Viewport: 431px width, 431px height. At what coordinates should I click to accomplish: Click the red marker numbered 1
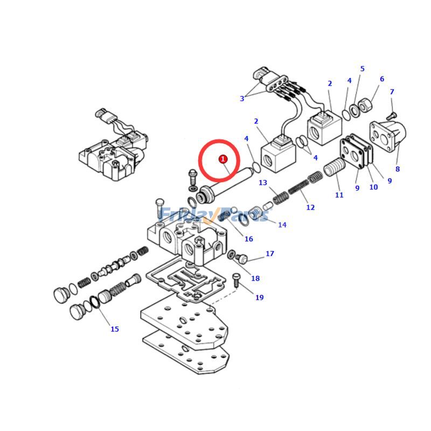[223, 159]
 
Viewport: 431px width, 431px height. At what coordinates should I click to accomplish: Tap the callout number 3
[242, 99]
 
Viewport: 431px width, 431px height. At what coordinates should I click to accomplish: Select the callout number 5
[362, 69]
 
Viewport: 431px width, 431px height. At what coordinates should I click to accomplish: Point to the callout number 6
[382, 79]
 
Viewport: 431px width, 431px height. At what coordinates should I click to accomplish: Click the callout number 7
[392, 92]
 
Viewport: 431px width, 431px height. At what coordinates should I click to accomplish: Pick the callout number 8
[398, 169]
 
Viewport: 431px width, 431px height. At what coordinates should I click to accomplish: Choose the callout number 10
[373, 187]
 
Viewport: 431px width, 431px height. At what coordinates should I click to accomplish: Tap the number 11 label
[339, 195]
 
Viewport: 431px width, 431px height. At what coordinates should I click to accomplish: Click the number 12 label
[310, 207]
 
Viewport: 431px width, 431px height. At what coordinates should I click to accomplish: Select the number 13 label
[263, 183]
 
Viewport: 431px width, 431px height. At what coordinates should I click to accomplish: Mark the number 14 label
[282, 225]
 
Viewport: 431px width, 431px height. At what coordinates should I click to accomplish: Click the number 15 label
[115, 329]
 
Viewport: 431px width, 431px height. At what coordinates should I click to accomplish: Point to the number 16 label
[248, 239]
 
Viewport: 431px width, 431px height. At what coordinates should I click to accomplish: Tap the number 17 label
[270, 254]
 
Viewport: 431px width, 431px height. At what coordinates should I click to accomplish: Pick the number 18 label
[255, 279]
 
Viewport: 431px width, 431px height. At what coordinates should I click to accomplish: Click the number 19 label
[259, 297]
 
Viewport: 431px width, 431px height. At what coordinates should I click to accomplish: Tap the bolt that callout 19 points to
[236, 278]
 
